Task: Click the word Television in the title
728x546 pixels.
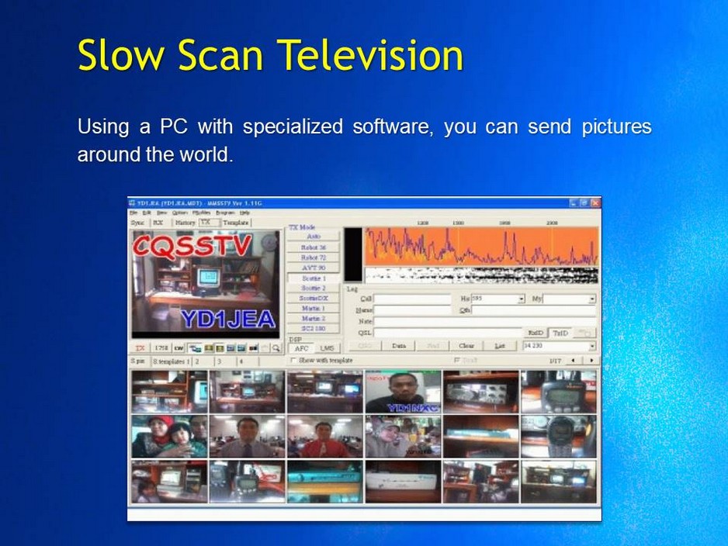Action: (x=370, y=56)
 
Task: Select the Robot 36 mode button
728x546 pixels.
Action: (x=314, y=247)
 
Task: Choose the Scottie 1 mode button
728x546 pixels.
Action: (x=314, y=278)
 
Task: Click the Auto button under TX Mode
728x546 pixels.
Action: (x=314, y=237)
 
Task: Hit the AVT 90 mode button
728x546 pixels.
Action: (x=314, y=268)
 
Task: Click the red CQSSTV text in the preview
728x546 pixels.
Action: (x=192, y=246)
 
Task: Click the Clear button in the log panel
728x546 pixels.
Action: (x=466, y=346)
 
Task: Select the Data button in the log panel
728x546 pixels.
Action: (x=399, y=346)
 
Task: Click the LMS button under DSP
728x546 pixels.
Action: (x=327, y=349)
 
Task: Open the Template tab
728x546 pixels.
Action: (x=236, y=222)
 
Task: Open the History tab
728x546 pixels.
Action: (x=185, y=222)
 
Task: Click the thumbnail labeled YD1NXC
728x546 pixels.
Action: (x=403, y=392)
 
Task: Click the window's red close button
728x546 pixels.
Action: (x=594, y=203)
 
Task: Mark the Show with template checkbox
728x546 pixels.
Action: (x=293, y=361)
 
